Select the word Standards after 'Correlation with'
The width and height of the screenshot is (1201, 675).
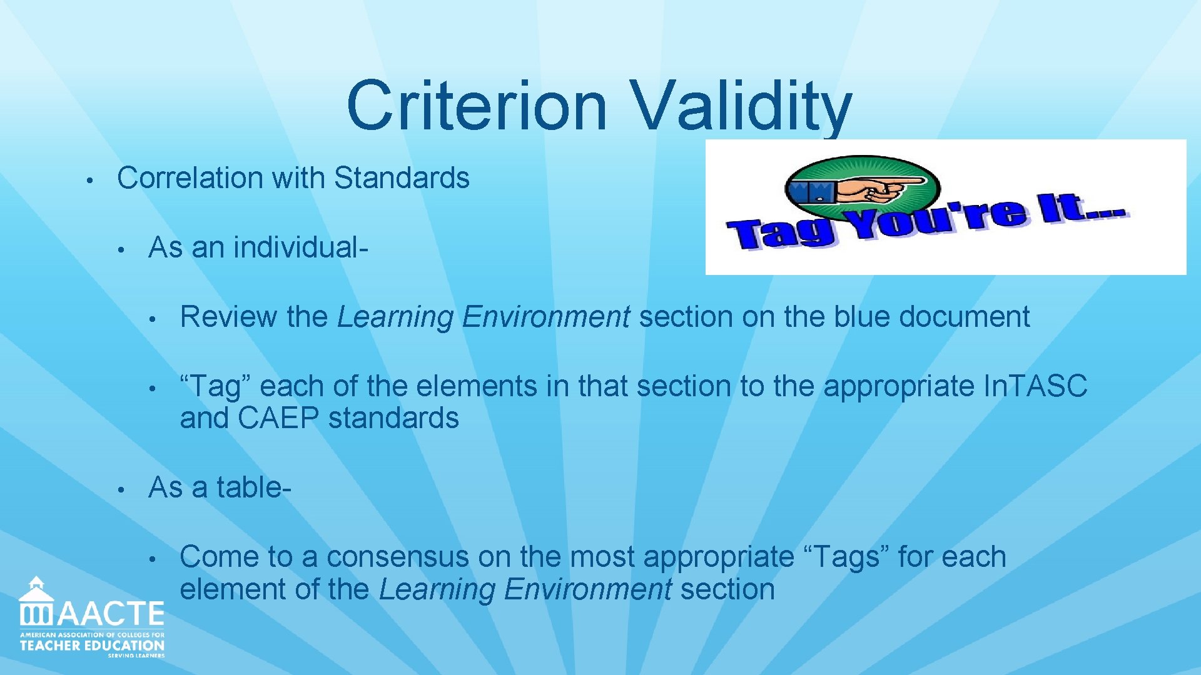(x=402, y=178)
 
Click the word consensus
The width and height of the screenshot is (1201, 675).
(x=397, y=557)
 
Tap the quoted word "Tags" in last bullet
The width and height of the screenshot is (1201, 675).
(x=844, y=557)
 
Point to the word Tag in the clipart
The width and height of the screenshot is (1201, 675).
(x=782, y=233)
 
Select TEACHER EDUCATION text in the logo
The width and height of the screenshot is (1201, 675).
(x=92, y=646)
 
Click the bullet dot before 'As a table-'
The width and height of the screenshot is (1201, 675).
(x=124, y=489)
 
